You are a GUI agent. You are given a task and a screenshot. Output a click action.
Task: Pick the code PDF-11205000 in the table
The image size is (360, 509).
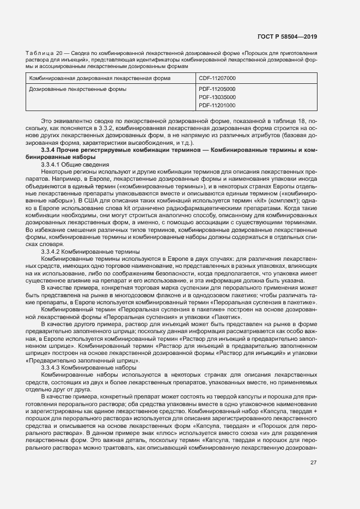[217, 88]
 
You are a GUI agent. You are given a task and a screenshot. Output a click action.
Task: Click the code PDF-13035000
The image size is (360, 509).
[217, 97]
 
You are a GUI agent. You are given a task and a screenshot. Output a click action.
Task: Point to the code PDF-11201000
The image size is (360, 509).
[217, 105]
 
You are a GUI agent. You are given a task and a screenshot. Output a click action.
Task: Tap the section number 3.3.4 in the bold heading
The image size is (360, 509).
[50, 149]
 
